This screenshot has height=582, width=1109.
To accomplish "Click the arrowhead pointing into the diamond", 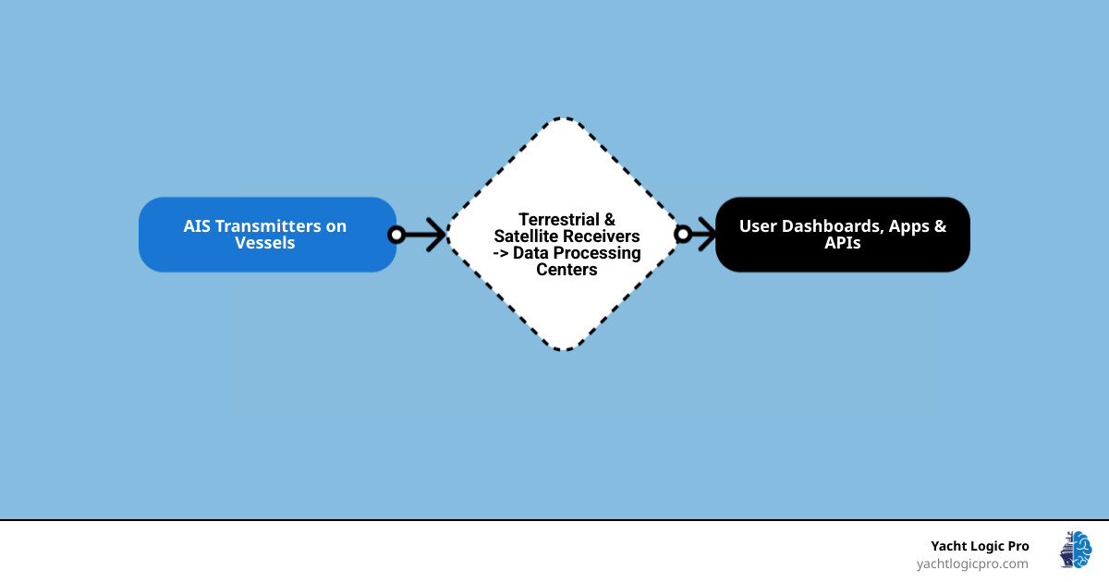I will (434, 235).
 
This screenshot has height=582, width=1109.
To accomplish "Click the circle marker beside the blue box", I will (396, 235).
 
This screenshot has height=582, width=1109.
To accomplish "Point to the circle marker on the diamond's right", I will (683, 235).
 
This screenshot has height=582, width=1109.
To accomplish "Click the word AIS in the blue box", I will (197, 226).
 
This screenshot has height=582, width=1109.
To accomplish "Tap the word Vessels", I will (265, 244).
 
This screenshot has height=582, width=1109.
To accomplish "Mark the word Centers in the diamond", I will (567, 270).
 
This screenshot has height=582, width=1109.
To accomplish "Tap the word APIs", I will (843, 244).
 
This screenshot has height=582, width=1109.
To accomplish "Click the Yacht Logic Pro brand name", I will (980, 546).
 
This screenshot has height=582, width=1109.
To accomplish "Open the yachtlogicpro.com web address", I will (972, 564).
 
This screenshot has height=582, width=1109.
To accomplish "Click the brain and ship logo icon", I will (1076, 550).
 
